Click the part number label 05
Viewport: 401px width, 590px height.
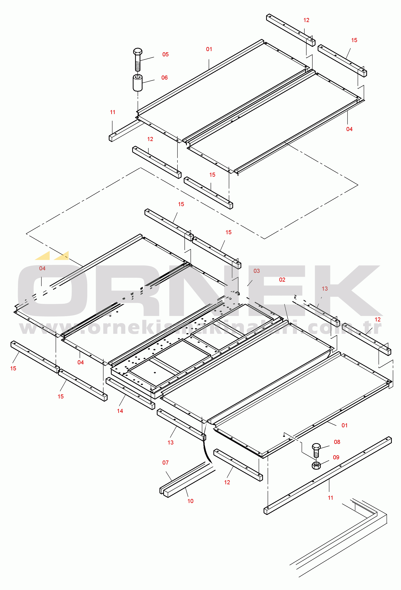point(165,54)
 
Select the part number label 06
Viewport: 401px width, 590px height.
point(164,78)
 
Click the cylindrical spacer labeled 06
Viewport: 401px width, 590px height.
point(137,83)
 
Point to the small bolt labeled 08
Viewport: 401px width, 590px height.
point(316,450)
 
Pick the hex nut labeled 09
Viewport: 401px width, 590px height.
point(316,465)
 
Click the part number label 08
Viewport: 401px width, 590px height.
point(337,442)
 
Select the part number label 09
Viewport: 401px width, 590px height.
point(336,458)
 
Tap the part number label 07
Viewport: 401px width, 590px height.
point(165,463)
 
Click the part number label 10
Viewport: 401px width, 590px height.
point(190,501)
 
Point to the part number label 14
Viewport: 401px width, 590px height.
point(120,411)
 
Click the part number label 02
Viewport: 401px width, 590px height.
point(282,280)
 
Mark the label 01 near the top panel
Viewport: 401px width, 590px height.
point(209,49)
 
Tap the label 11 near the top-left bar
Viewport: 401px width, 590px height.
point(113,112)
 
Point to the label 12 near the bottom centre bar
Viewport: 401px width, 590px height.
point(227,482)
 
